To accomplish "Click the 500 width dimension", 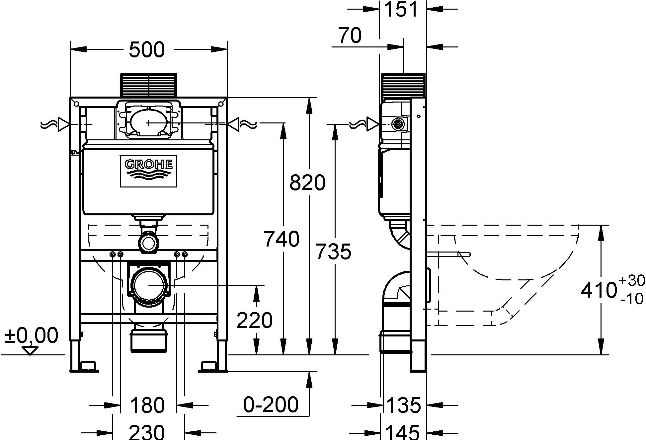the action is [147, 50].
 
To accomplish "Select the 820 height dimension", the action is [307, 183].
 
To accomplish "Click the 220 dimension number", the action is [255, 321].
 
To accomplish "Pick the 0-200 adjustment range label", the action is [271, 404].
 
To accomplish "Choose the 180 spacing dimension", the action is [147, 405].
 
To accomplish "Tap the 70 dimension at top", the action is [350, 36].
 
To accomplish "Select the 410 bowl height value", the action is [599, 290].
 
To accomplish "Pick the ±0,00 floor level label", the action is [31, 335].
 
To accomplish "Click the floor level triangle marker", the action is [30, 350].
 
